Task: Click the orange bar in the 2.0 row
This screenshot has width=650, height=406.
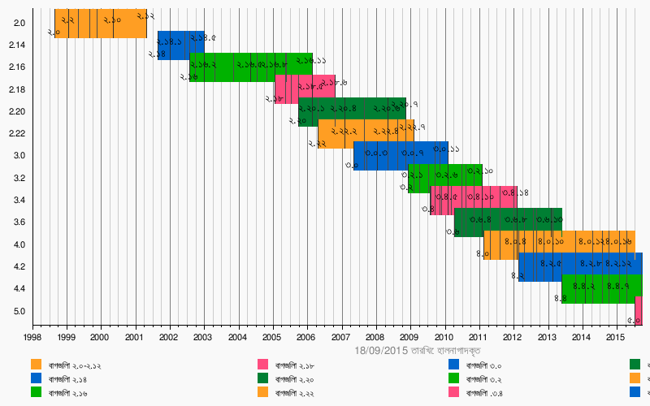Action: tap(100, 24)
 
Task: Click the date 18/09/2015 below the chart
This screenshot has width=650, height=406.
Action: tap(381, 351)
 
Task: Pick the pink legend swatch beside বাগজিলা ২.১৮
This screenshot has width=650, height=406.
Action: tap(263, 365)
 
